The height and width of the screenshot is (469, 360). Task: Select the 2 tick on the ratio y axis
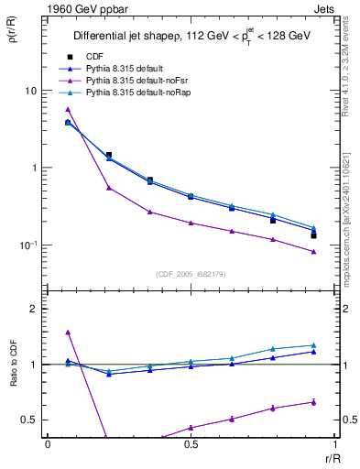pos(33,309)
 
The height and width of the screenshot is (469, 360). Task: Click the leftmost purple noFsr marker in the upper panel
pos(68,110)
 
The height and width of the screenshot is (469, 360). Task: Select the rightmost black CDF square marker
pos(313,235)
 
